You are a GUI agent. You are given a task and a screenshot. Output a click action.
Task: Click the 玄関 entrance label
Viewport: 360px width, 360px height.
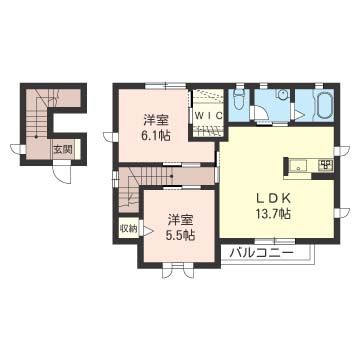coord(62,150)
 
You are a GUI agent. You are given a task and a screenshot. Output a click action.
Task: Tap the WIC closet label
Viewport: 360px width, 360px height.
coord(208,116)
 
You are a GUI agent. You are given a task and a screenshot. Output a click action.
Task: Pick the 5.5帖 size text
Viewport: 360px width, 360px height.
coord(181,233)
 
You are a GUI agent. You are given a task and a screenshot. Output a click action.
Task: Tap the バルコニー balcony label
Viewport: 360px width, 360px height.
coord(262,252)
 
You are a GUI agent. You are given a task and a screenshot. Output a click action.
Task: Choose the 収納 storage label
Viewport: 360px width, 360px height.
coord(130,228)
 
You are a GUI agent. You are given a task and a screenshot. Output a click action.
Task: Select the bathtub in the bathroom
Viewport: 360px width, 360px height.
coord(326,105)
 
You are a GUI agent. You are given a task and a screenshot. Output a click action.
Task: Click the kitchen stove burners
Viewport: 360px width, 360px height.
coord(325,163)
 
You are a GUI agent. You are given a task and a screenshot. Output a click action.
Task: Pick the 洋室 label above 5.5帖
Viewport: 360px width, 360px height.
coord(181,218)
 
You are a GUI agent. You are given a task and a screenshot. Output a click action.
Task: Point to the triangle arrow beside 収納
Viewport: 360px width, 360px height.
coord(121,227)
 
